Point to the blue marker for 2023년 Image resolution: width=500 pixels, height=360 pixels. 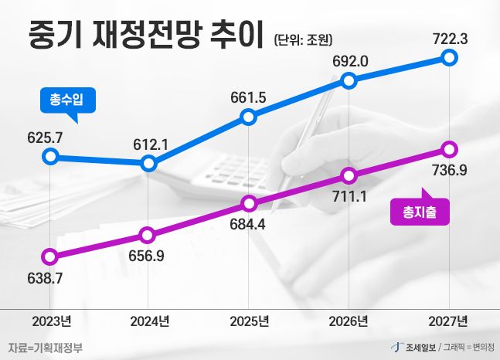[x=50, y=157]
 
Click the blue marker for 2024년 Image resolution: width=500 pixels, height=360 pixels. [x=150, y=163]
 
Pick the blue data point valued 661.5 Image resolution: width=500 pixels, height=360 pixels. [x=249, y=117]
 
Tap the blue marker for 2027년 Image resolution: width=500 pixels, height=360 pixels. [x=451, y=58]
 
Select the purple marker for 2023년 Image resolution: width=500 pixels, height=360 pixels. [x=50, y=256]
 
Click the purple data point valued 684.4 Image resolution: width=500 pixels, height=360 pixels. [x=249, y=204]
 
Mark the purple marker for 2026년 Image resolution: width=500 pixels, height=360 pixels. [x=350, y=175]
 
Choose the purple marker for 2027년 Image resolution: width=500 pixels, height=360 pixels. [x=451, y=148]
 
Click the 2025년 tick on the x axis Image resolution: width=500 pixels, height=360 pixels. [x=249, y=321]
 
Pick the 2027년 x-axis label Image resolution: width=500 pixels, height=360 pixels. [x=449, y=321]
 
